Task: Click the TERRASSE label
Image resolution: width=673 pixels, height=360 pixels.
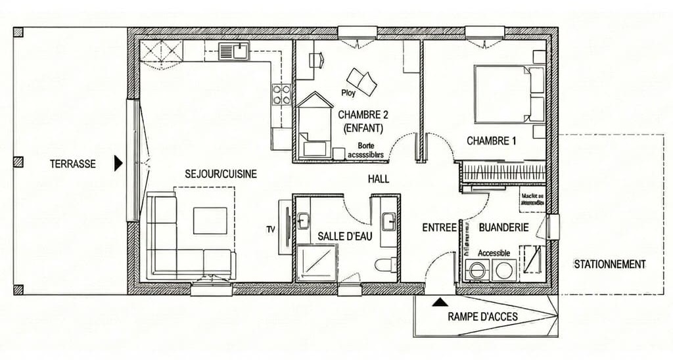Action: [x=72, y=164]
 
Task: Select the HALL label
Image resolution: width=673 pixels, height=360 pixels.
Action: [x=378, y=179]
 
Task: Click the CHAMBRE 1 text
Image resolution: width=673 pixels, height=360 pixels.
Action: [x=491, y=141]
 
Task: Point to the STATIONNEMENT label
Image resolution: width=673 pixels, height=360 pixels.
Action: [x=609, y=264]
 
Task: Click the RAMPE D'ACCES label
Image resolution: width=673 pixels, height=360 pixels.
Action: [x=482, y=317]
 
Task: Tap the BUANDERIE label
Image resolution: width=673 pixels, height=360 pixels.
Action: [x=503, y=227]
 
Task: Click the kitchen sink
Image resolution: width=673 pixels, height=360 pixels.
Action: [x=233, y=51]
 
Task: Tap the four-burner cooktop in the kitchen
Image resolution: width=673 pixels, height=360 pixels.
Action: [x=281, y=95]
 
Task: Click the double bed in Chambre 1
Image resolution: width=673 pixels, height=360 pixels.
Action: [x=503, y=93]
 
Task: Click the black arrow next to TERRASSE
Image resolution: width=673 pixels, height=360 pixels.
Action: [x=118, y=164]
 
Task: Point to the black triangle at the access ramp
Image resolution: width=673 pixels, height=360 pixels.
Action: [x=438, y=302]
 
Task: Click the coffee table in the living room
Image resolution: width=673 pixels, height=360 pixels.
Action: [x=210, y=220]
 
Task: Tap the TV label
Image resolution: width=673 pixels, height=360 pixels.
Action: [x=270, y=229]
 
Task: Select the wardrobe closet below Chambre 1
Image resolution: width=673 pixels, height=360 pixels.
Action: [x=503, y=173]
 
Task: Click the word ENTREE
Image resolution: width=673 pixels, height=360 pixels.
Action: [x=439, y=227]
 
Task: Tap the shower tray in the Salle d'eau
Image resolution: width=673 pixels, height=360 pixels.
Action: [x=316, y=263]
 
